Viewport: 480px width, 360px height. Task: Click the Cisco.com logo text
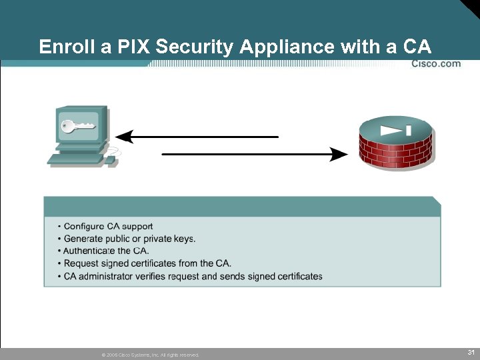click(x=436, y=64)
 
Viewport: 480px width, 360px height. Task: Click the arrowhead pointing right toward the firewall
click(x=339, y=155)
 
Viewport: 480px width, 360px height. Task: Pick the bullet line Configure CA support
click(x=108, y=227)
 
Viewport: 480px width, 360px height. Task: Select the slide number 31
click(x=471, y=351)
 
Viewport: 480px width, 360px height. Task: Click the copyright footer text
click(x=150, y=355)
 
